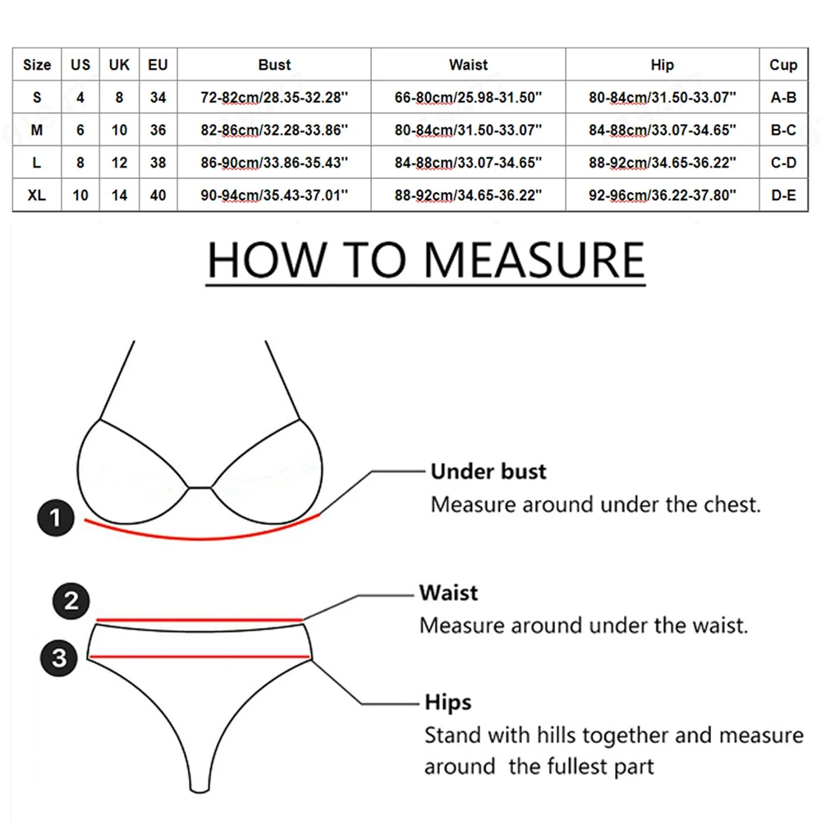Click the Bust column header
coord(274,65)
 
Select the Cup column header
coord(783,65)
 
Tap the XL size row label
coord(36,196)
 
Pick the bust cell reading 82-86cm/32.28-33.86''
coord(274,131)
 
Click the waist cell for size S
coord(468,98)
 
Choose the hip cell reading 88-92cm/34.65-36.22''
coord(662,163)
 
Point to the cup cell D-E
coord(783,196)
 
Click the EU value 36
coord(158,131)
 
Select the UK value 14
coord(120,196)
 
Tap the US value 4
coord(80,98)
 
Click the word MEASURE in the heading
coord(534,259)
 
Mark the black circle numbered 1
coord(56,518)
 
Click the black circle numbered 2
coord(71,601)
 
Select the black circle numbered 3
coord(59,657)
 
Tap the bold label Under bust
coord(488,471)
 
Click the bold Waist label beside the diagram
coord(448,593)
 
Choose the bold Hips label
coord(448,703)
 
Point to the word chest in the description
coord(729,504)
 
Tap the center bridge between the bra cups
coord(200,488)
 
